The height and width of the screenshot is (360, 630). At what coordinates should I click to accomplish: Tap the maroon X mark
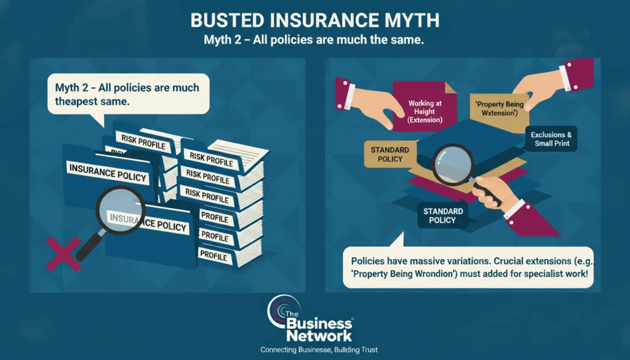(63, 254)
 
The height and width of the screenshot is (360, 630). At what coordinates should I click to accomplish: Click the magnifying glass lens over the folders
(120, 210)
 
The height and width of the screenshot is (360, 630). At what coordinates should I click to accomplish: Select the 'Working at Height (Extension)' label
(425, 111)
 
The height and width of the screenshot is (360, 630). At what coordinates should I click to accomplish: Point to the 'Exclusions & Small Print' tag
(551, 139)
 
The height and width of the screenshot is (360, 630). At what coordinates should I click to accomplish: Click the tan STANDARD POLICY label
(389, 154)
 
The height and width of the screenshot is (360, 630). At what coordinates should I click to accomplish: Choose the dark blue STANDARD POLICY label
(443, 216)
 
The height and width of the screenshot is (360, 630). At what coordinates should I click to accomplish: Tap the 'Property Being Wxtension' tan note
(500, 108)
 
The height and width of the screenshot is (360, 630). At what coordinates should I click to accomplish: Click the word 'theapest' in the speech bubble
(76, 102)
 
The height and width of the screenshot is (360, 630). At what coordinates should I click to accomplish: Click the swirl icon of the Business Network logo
(282, 312)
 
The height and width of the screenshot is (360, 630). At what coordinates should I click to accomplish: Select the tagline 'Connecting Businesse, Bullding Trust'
(319, 350)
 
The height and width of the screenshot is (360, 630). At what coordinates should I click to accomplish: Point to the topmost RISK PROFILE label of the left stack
(143, 142)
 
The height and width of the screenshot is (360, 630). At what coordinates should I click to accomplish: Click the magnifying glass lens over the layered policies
(453, 164)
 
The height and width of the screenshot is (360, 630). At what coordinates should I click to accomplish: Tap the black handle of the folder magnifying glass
(89, 247)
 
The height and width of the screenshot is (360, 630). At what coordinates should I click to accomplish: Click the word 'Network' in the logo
(319, 335)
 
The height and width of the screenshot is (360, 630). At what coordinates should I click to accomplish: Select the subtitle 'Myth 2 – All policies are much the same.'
(314, 40)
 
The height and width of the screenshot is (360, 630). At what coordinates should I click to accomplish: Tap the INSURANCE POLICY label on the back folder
(108, 173)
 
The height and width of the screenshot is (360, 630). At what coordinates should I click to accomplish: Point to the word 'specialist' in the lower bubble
(543, 274)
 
